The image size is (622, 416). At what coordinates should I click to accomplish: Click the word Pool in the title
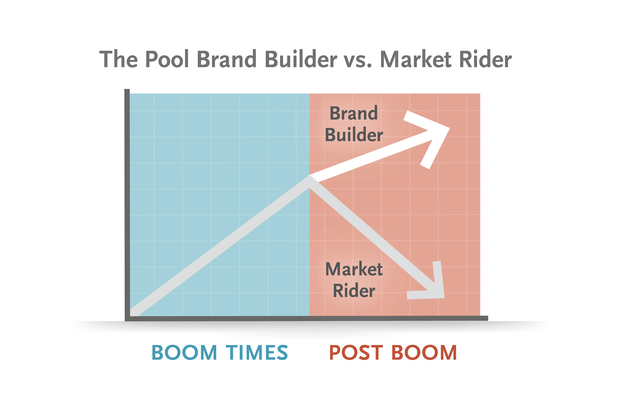click(x=167, y=59)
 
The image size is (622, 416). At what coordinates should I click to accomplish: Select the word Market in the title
click(x=416, y=59)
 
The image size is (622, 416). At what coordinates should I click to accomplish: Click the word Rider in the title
click(x=485, y=59)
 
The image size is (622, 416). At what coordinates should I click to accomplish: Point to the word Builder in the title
click(x=301, y=59)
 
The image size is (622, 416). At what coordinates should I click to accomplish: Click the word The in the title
click(x=118, y=59)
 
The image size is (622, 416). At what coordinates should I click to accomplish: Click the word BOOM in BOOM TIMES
click(x=184, y=352)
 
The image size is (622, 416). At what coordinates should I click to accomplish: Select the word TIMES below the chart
click(x=257, y=352)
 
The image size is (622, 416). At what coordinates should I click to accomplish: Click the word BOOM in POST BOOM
click(x=424, y=352)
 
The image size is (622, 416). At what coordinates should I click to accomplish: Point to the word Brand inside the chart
click(x=354, y=113)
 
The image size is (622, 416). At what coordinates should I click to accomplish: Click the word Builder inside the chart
click(x=354, y=135)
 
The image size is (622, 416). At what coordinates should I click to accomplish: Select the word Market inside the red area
click(x=354, y=269)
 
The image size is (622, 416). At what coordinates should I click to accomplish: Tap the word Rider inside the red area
click(x=354, y=291)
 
